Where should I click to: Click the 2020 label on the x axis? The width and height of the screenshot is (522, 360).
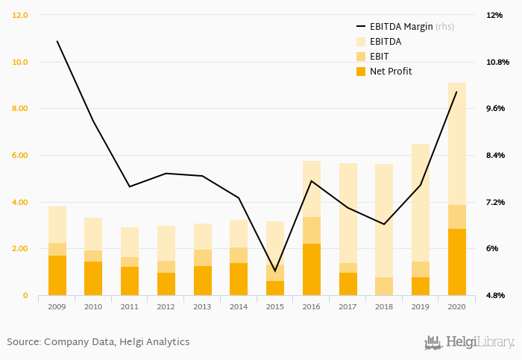(456, 306)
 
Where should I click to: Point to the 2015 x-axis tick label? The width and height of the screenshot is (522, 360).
(274, 306)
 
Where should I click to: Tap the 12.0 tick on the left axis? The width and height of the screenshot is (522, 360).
(20, 15)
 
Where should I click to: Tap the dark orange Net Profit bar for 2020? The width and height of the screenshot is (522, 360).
(456, 262)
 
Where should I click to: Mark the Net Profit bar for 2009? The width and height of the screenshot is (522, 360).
(57, 276)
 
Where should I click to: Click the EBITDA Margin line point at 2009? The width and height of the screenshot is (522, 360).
(57, 41)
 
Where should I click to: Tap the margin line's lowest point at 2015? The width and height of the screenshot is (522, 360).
(274, 271)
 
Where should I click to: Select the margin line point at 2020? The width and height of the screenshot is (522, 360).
(456, 92)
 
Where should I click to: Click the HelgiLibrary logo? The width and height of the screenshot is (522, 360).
(469, 343)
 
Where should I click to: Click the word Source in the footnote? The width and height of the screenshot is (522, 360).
(22, 342)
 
